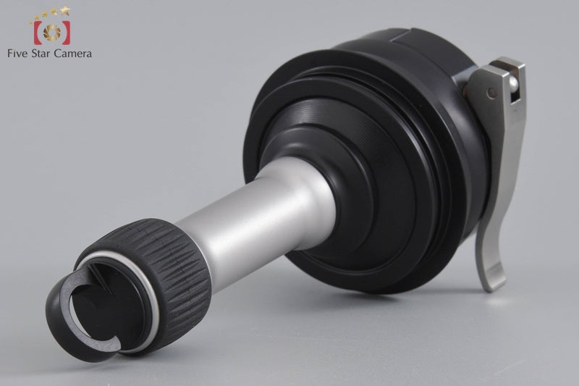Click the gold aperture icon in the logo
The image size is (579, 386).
click(51, 32)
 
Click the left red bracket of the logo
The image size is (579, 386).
click(35, 33)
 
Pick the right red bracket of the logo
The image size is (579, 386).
click(67, 33)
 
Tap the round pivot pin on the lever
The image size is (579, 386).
click(492, 93)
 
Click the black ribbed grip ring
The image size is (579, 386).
click(145, 261)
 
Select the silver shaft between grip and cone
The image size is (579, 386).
click(239, 210)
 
